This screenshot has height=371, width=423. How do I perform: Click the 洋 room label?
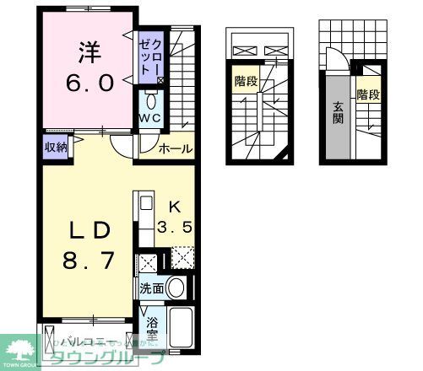tap(89, 53)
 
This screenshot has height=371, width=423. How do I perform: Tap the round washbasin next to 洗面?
tap(176, 288)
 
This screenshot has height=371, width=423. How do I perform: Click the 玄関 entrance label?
tap(338, 113)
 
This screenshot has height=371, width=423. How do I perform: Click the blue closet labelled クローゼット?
tap(156, 54)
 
